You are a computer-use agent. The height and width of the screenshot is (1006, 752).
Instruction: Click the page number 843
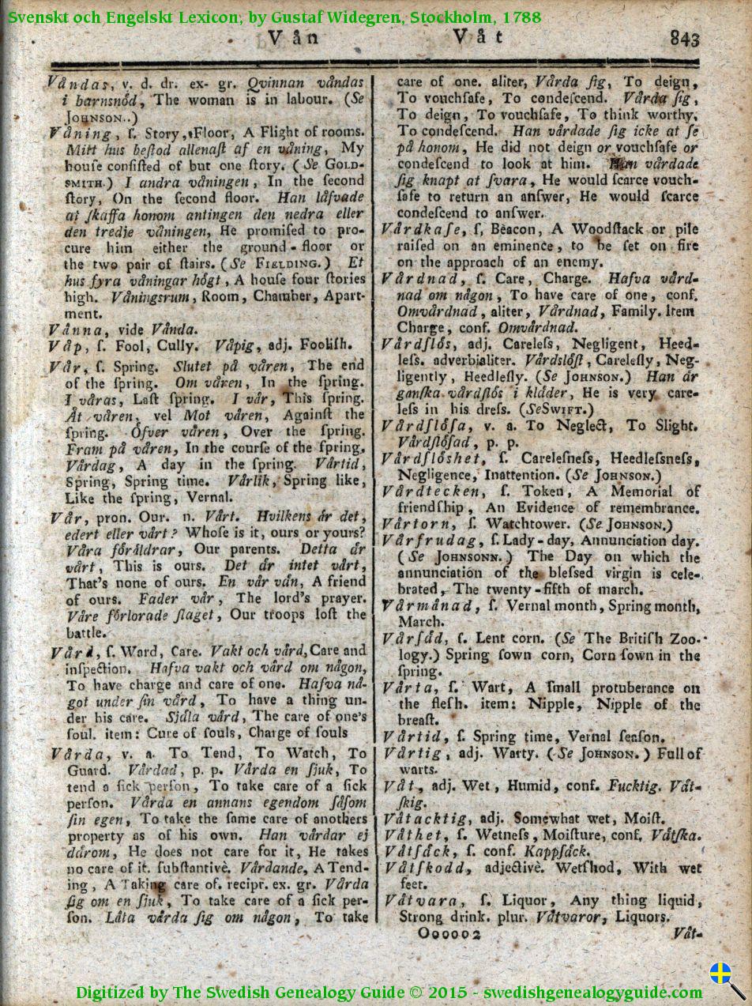[685, 38]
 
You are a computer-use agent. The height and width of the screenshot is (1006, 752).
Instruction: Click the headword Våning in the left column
[80, 133]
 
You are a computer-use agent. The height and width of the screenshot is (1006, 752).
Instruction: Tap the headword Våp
[64, 345]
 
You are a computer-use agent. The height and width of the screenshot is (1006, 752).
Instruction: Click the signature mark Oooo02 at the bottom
[450, 933]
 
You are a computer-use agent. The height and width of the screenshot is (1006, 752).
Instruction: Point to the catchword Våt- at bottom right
[687, 933]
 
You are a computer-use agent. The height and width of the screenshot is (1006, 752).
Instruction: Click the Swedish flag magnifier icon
[725, 978]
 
